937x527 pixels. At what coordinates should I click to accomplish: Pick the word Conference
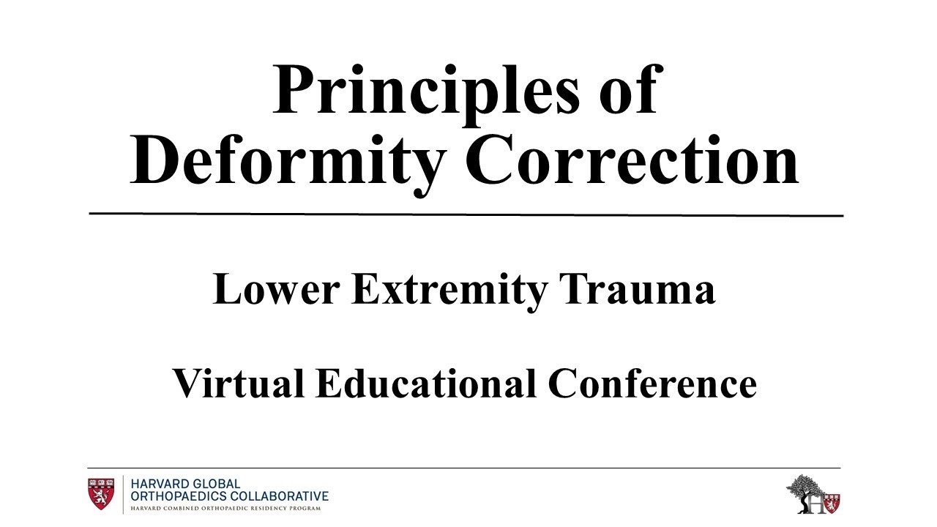(x=653, y=384)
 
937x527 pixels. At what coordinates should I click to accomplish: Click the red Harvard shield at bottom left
(x=101, y=494)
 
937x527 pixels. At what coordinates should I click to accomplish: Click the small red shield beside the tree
(x=832, y=503)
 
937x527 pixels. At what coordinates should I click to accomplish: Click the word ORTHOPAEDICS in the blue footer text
(x=182, y=496)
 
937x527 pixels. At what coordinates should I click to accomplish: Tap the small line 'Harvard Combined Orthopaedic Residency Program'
(x=225, y=507)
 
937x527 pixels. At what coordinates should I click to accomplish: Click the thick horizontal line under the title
(x=466, y=214)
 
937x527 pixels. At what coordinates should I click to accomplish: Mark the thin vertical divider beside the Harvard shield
(x=123, y=494)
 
